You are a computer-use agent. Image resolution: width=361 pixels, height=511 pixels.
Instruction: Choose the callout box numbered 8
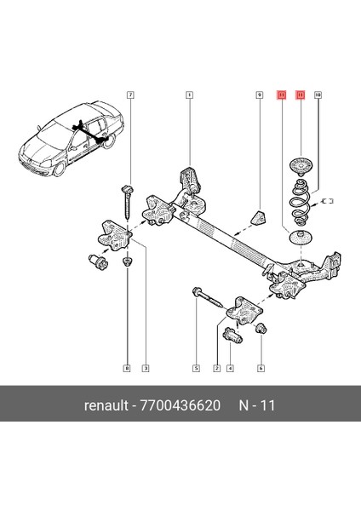click(x=127, y=368)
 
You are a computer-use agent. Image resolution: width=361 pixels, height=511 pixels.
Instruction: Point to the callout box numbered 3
click(x=146, y=368)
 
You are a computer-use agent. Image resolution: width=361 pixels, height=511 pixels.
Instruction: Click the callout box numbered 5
click(x=195, y=368)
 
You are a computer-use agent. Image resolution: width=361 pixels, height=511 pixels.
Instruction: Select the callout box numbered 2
click(x=216, y=368)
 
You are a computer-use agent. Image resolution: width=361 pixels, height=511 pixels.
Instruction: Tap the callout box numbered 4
click(x=230, y=368)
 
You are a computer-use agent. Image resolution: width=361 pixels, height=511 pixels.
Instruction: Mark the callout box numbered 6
click(x=261, y=368)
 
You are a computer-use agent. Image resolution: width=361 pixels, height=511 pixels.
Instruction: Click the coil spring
click(x=300, y=209)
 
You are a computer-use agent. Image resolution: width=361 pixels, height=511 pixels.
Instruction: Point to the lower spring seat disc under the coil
click(x=300, y=239)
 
